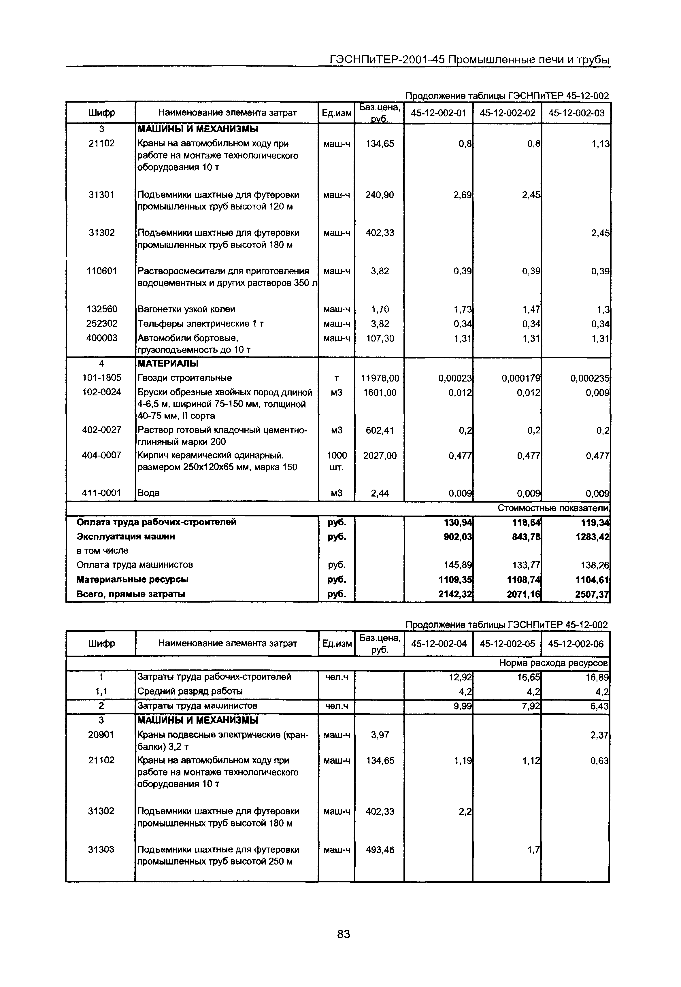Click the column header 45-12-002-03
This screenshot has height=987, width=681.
click(576, 113)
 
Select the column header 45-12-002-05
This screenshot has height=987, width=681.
click(507, 644)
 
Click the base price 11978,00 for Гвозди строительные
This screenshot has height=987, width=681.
click(380, 378)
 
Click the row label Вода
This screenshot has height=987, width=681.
click(148, 493)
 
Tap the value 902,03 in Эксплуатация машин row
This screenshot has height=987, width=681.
click(458, 537)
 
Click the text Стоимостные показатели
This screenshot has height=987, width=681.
click(552, 508)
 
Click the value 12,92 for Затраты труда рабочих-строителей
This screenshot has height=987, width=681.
click(460, 677)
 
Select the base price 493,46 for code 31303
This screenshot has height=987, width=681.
click(380, 850)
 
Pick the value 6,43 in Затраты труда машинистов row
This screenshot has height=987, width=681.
click(599, 706)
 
